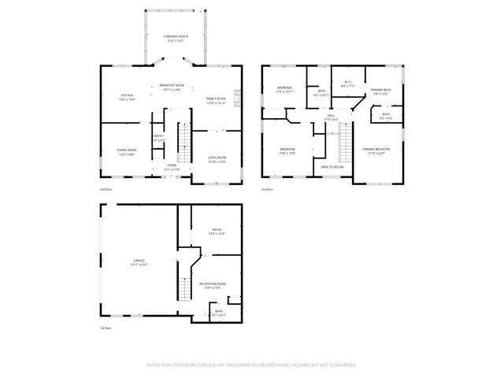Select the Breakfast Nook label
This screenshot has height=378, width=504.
(x=171, y=87)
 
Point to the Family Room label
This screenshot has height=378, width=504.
(x=217, y=101)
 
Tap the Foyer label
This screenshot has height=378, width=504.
(x=171, y=167)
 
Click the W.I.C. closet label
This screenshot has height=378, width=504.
(x=346, y=84)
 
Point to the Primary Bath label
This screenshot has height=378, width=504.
(x=382, y=92)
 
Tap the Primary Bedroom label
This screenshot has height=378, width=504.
(x=377, y=151)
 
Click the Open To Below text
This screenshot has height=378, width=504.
(x=332, y=167)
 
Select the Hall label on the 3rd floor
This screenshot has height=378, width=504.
(x=332, y=117)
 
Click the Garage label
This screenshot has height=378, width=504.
(x=139, y=262)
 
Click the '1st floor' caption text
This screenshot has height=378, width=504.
(x=106, y=328)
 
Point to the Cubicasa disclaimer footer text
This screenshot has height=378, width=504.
(x=252, y=365)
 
